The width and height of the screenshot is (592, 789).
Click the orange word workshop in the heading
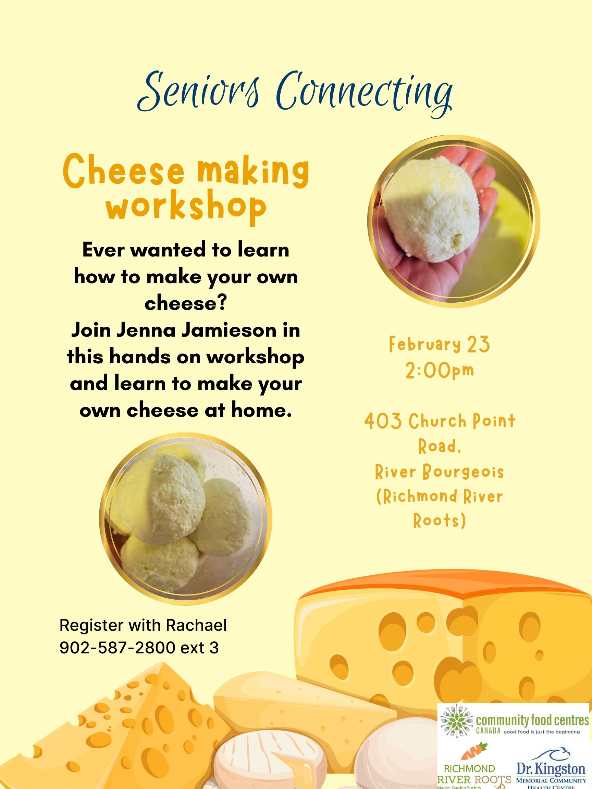(x=186, y=207)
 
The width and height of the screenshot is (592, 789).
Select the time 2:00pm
(x=439, y=370)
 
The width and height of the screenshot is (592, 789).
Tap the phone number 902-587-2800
(x=118, y=648)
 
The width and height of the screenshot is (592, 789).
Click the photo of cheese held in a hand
(x=454, y=221)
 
